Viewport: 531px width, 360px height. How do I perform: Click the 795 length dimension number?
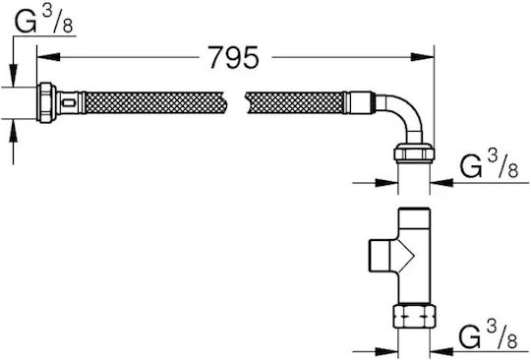233,57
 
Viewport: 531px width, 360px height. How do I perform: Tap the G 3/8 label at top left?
44,22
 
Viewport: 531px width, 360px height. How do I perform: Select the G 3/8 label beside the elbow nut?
489,165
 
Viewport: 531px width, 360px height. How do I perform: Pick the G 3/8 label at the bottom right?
489,336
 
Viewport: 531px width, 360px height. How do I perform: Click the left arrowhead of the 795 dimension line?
48,57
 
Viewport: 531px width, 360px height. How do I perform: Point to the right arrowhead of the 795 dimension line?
422,57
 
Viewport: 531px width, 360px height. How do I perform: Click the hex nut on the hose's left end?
47,102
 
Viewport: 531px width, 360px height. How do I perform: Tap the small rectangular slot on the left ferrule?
70,102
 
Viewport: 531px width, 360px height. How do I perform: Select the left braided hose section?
154,102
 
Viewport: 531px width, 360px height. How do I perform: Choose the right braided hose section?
296,102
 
